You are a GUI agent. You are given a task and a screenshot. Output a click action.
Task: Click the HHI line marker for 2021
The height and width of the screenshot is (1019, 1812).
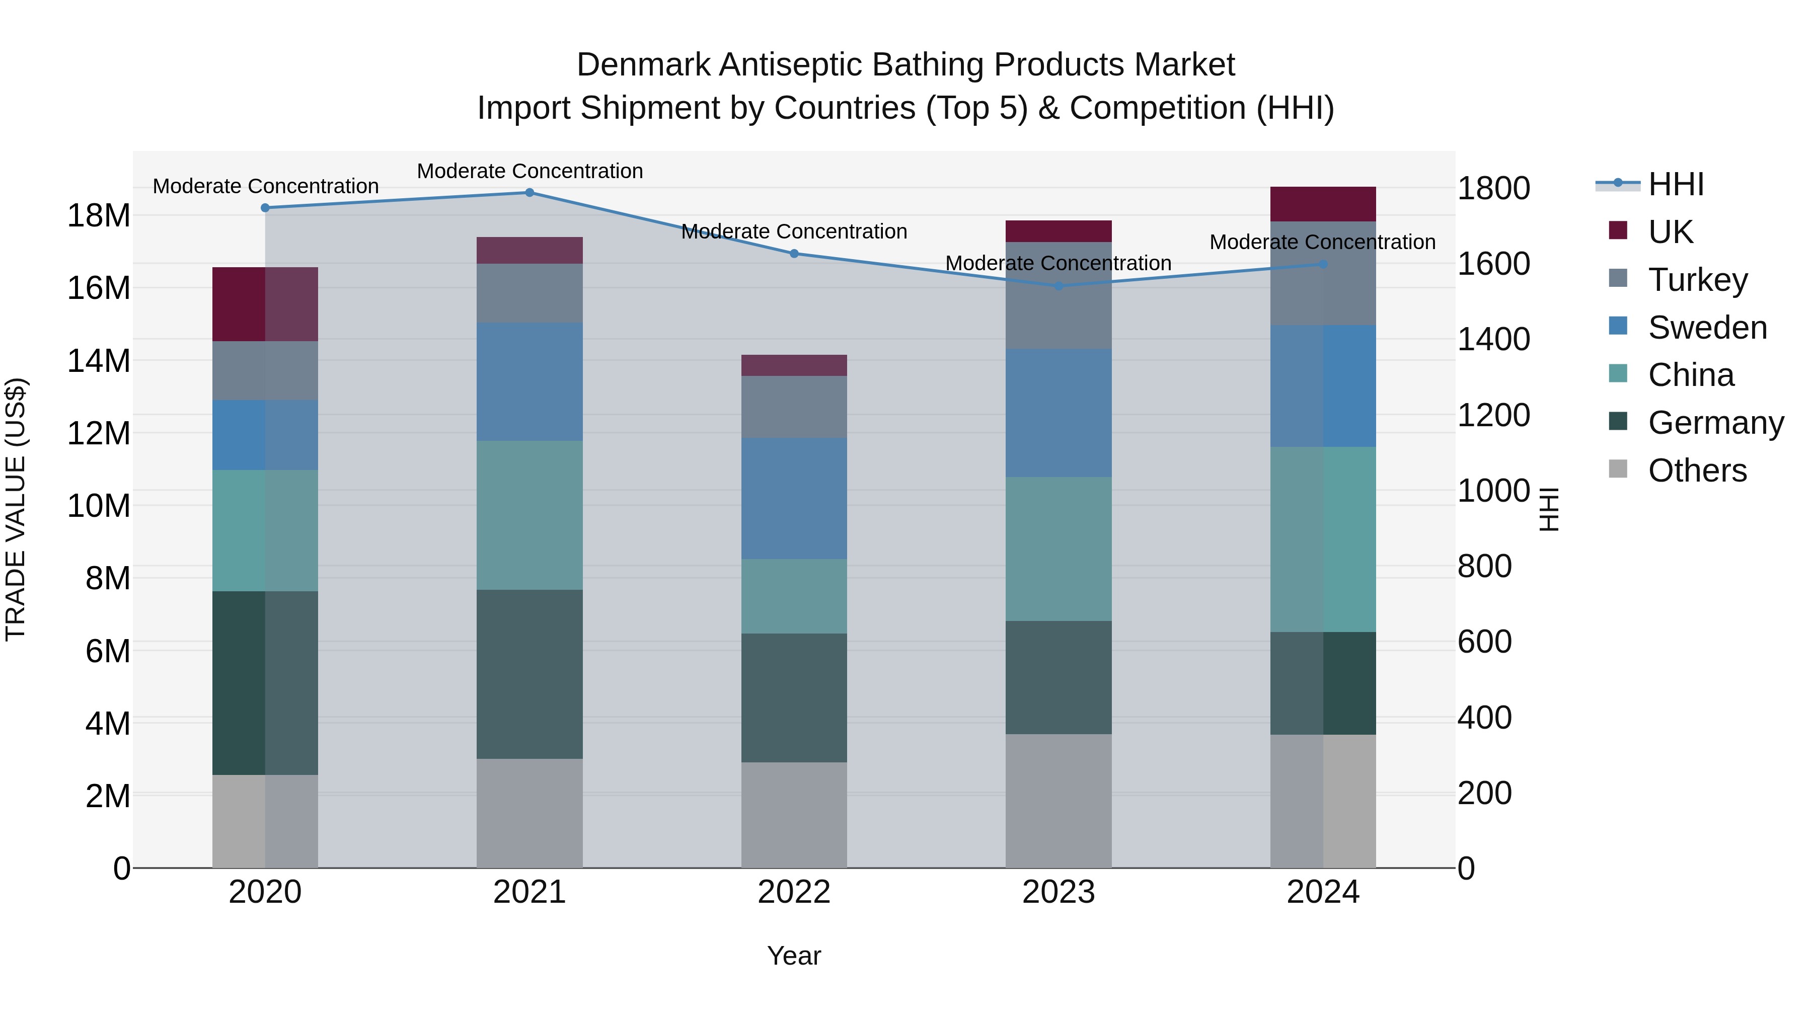pyautogui.click(x=530, y=193)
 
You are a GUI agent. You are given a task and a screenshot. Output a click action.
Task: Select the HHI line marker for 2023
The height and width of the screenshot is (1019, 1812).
pyautogui.click(x=1059, y=286)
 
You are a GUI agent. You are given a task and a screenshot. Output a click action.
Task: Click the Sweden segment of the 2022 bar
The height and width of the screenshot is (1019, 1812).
pyautogui.click(x=794, y=499)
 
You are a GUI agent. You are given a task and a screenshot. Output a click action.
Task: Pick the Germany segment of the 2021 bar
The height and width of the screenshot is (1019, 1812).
pyautogui.click(x=530, y=674)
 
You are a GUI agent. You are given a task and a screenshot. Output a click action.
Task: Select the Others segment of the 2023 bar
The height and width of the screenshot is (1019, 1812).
pyautogui.click(x=1059, y=801)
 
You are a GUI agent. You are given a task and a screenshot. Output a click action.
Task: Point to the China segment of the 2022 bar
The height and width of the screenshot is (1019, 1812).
pyautogui.click(x=794, y=596)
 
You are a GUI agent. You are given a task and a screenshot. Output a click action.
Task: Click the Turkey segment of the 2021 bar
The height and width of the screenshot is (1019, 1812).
pyautogui.click(x=530, y=293)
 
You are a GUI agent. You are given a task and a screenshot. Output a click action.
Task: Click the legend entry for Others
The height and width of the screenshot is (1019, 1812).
pyautogui.click(x=1697, y=471)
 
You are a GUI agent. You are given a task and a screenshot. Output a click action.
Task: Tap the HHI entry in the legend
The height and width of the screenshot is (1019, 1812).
pyautogui.click(x=1676, y=184)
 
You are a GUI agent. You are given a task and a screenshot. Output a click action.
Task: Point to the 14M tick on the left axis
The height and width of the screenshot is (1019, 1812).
pyautogui.click(x=99, y=361)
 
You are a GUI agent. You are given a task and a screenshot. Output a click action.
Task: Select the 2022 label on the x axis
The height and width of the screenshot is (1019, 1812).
pyautogui.click(x=794, y=892)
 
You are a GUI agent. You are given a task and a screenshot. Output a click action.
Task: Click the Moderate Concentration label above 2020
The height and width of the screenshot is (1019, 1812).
pyautogui.click(x=265, y=186)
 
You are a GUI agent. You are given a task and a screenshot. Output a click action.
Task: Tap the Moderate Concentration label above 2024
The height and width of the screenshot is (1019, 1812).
pyautogui.click(x=1322, y=242)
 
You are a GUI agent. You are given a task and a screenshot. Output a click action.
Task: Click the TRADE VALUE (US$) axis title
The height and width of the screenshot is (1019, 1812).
pyautogui.click(x=16, y=509)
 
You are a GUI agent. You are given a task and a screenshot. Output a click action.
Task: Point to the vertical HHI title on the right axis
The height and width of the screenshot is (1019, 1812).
pyautogui.click(x=1550, y=509)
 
